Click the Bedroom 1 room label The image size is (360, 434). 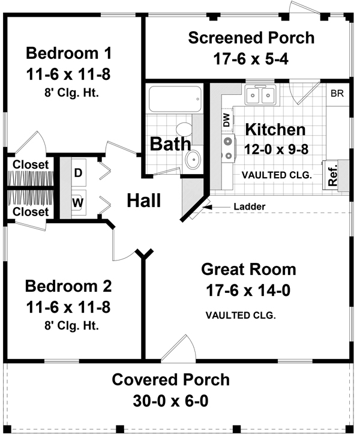[68, 53]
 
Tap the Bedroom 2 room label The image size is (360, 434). [68, 286]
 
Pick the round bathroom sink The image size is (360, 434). [193, 160]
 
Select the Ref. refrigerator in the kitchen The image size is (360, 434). [332, 175]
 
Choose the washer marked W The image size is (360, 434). [78, 202]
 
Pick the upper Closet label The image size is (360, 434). [31, 164]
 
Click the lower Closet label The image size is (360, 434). [31, 212]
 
